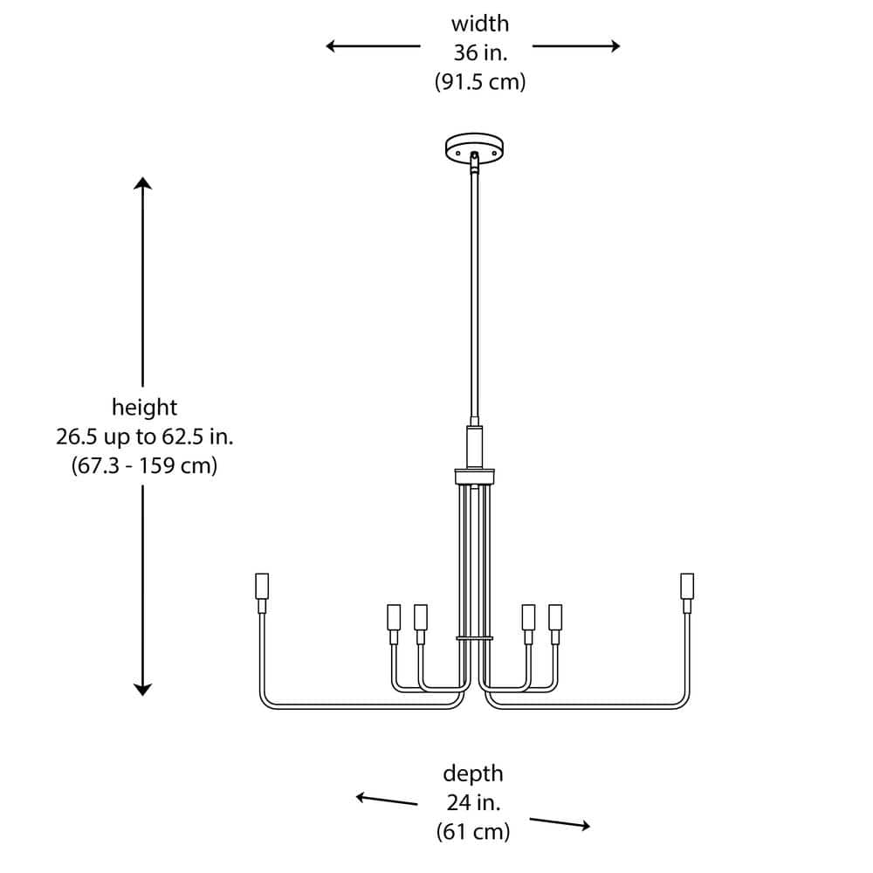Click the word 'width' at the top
pyautogui.click(x=479, y=24)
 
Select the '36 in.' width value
pyautogui.click(x=479, y=52)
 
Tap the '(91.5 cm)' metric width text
pyautogui.click(x=479, y=82)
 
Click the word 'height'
pyautogui.click(x=144, y=407)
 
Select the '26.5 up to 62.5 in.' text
pyautogui.click(x=144, y=436)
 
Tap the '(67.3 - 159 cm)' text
pyautogui.click(x=144, y=466)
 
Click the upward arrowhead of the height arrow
pyautogui.click(x=143, y=183)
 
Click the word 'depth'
pyautogui.click(x=473, y=773)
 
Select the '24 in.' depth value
pyautogui.click(x=473, y=802)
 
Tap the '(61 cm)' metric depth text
pyautogui.click(x=473, y=832)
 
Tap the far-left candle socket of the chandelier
pyautogui.click(x=261, y=586)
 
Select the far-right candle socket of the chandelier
pyautogui.click(x=687, y=586)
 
